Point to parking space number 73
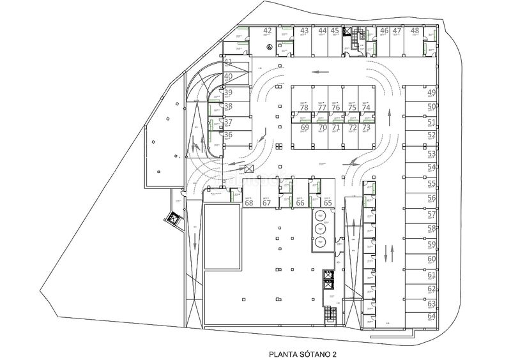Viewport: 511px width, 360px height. pyautogui.click(x=365, y=128)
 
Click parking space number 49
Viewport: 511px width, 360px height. pyautogui.click(x=432, y=93)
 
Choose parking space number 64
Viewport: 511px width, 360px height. pyautogui.click(x=432, y=316)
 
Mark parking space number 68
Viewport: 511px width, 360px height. pyautogui.click(x=249, y=203)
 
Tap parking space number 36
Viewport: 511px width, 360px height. pyautogui.click(x=228, y=135)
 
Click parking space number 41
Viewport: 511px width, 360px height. pyautogui.click(x=228, y=62)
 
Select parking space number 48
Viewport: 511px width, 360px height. pyautogui.click(x=415, y=31)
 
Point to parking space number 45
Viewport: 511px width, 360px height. pyautogui.click(x=335, y=31)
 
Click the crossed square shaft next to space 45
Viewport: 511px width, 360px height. pyautogui.click(x=347, y=31)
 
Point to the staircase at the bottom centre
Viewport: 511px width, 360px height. pyautogui.click(x=330, y=315)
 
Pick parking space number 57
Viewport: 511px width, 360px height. pyautogui.click(x=432, y=214)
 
